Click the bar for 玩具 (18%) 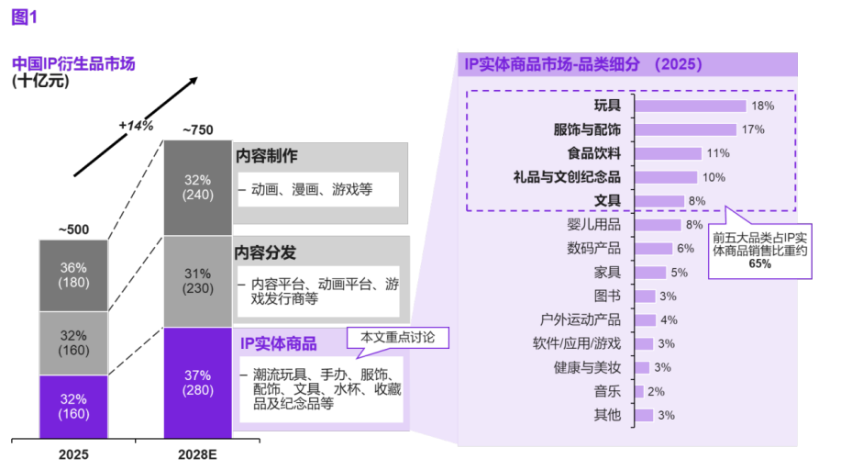(x=690, y=106)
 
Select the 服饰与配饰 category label (x=587, y=129)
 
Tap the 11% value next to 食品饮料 (x=718, y=153)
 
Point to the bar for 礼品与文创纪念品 (x=665, y=177)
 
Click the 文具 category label (x=607, y=200)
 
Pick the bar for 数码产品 (x=652, y=249)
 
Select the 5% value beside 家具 (x=679, y=273)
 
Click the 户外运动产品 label (x=581, y=320)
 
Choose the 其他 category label (x=607, y=416)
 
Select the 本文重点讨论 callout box (x=398, y=338)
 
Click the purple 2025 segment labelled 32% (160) (x=73, y=407)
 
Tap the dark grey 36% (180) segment (x=73, y=274)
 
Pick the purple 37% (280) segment (x=197, y=383)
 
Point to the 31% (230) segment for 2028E (x=197, y=281)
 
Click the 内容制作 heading (x=266, y=157)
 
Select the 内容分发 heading (x=266, y=252)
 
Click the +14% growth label (x=136, y=126)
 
